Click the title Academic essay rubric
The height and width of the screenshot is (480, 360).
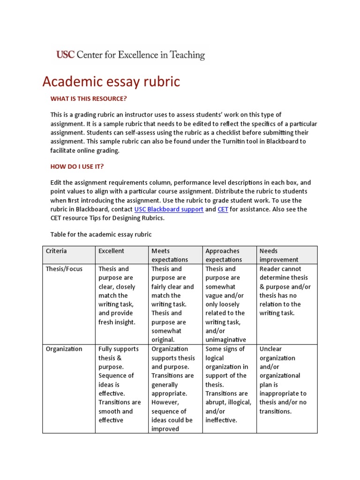coord(111,82)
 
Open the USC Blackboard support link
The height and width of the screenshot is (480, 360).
coord(169,210)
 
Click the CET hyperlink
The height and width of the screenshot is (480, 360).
coord(223,210)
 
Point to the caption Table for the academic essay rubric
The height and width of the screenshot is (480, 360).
coord(101,234)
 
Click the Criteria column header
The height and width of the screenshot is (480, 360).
coord(56,251)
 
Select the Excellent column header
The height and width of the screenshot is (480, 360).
coord(111,251)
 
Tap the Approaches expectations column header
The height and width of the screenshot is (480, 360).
coord(223,255)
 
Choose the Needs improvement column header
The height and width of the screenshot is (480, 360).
coord(278,255)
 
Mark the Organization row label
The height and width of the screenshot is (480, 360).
coord(64,349)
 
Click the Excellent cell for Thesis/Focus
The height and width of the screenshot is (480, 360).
coord(117,295)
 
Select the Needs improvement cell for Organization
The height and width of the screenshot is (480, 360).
coord(283,380)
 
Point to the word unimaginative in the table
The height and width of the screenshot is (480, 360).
coord(225,340)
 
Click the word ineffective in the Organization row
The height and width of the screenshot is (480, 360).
coord(220,420)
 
